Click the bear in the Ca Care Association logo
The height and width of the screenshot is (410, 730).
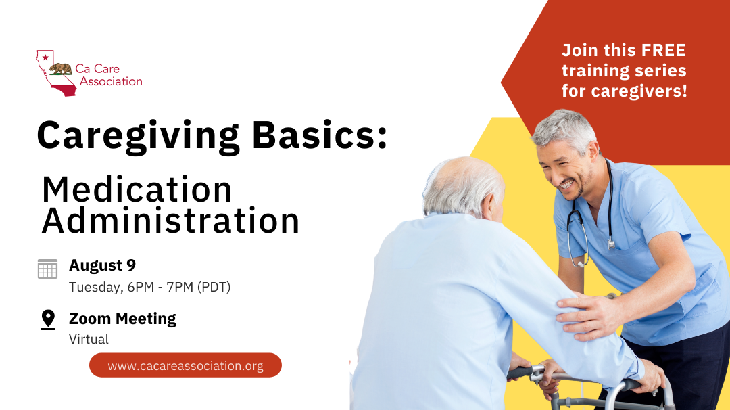click(x=61, y=68)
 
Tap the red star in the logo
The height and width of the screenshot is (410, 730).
click(x=45, y=58)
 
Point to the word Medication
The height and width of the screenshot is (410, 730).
click(x=137, y=190)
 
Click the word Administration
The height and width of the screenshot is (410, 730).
click(x=170, y=221)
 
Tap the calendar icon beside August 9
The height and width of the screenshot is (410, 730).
click(x=47, y=269)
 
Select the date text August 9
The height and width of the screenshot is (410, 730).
click(x=102, y=265)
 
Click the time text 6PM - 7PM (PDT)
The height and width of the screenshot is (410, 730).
click(x=179, y=287)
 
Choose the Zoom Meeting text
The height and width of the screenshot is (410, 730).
click(x=122, y=319)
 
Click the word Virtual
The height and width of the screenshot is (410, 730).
click(x=89, y=339)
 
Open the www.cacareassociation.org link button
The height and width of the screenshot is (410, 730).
click(x=185, y=365)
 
